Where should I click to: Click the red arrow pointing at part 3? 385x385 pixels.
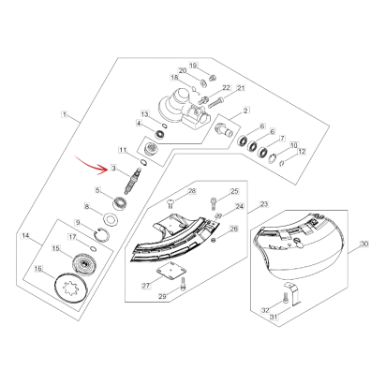[92, 166]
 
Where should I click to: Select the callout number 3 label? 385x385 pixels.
[113, 169]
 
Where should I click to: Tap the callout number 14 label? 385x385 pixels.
[25, 235]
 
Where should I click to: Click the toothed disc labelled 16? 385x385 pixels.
[69, 287]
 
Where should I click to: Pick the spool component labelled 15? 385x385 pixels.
[81, 262]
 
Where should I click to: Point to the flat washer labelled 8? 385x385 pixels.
[111, 219]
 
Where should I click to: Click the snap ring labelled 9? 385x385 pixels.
[102, 234]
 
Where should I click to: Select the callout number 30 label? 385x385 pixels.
[364, 244]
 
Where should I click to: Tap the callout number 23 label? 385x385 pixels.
[264, 204]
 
